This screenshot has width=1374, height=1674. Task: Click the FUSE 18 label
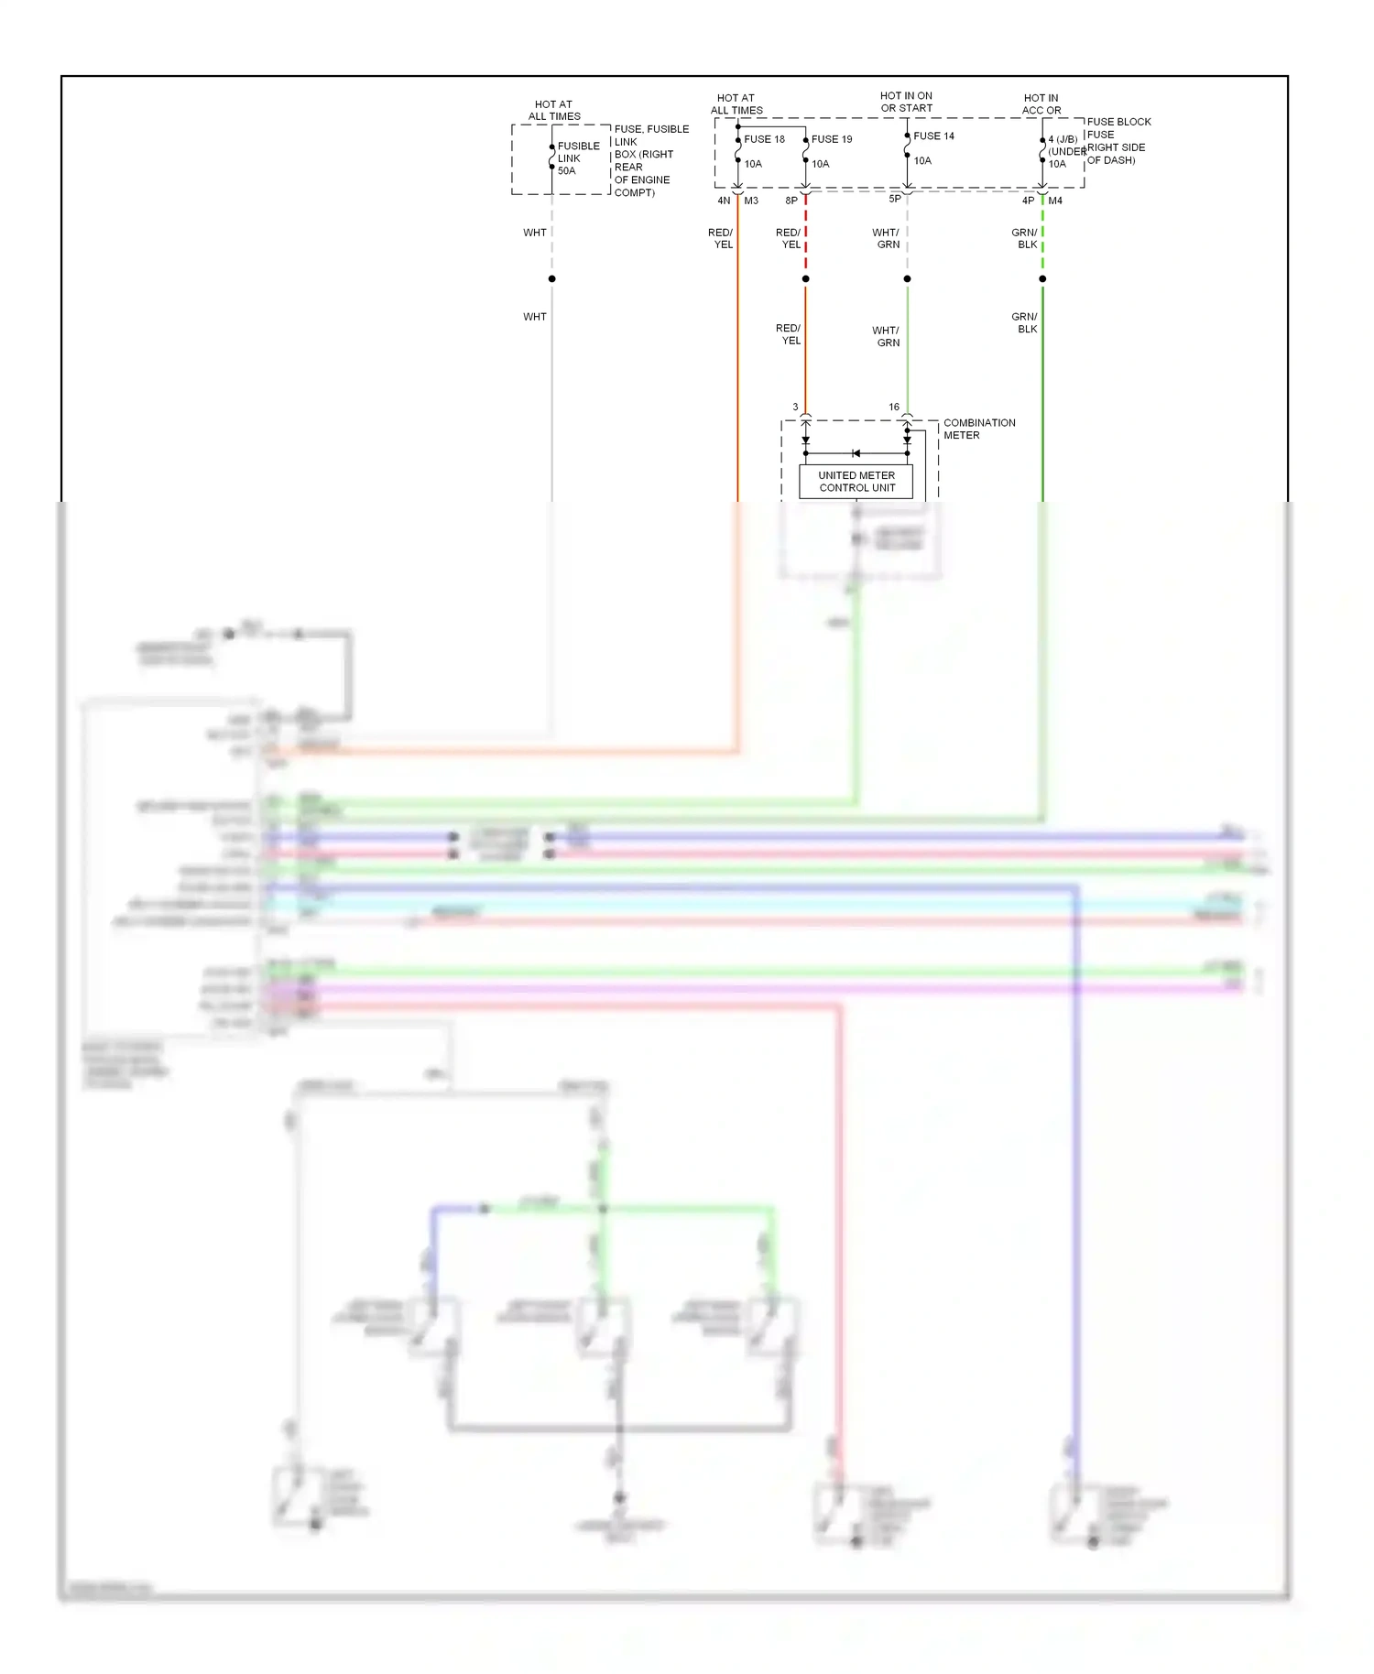(x=764, y=139)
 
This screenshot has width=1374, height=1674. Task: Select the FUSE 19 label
(x=832, y=139)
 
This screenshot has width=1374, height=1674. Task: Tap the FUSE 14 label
(x=933, y=136)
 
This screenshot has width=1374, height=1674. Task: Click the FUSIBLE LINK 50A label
(x=578, y=158)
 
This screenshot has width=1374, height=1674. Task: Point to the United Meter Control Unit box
(x=856, y=482)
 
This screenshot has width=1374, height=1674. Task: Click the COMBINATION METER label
(x=978, y=429)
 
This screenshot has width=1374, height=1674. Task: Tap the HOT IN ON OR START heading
(x=906, y=102)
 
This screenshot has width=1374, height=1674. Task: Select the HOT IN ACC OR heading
(x=1041, y=103)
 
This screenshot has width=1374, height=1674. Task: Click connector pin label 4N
(x=724, y=201)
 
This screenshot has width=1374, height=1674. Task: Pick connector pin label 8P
(x=791, y=201)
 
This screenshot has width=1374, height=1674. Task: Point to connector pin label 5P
(x=895, y=199)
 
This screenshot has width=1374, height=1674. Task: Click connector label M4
(x=1055, y=201)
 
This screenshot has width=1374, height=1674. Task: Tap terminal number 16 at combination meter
(x=894, y=407)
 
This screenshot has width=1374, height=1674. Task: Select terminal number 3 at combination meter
(x=795, y=407)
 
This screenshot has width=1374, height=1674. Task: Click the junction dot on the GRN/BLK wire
(x=1042, y=278)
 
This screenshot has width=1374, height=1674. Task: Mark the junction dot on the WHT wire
(x=551, y=278)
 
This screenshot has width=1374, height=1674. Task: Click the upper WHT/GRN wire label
(x=886, y=238)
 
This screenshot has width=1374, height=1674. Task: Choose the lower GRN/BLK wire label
(x=1025, y=322)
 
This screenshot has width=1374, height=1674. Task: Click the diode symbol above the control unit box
(x=856, y=453)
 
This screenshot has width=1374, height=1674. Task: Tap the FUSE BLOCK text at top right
(x=1118, y=122)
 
